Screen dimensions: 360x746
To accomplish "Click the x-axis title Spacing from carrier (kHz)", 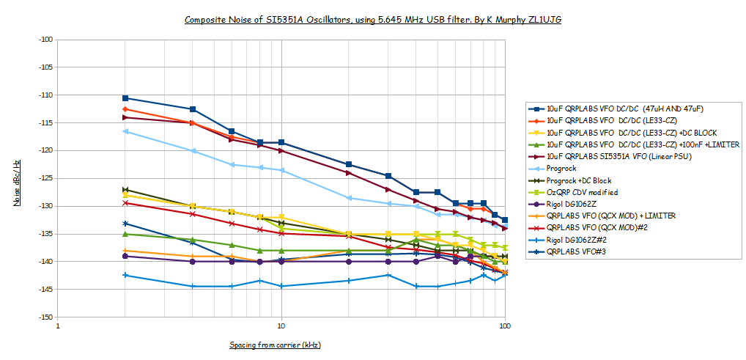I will coord(275,345).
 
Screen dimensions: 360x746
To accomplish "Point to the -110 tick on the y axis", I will coord(45,95).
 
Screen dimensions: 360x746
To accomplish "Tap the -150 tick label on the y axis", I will coord(45,317).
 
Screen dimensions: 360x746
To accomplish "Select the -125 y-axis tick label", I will coord(45,178).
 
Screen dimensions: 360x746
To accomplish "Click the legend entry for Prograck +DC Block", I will coord(578,180).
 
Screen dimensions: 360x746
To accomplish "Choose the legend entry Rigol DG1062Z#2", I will coord(579,240).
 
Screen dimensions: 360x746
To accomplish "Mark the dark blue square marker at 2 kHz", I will coord(125,98).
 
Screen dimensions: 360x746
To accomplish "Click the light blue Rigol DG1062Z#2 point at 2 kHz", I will coord(125,275).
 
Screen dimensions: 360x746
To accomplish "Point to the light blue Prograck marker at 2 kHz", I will coord(125,131).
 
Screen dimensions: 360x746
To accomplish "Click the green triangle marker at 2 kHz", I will coord(125,234).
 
